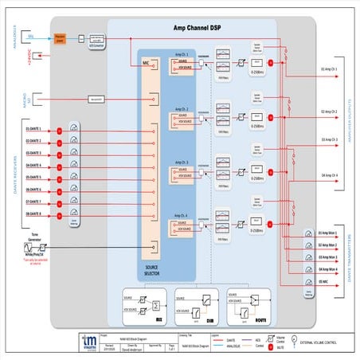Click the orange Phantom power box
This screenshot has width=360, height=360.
[60, 37]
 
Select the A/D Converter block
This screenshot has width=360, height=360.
[97, 38]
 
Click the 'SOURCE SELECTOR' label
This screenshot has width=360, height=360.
[151, 272]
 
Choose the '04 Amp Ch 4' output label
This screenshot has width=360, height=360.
[329, 174]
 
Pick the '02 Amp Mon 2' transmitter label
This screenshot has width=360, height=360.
[327, 246]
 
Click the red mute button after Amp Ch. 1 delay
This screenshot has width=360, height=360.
[272, 62]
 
